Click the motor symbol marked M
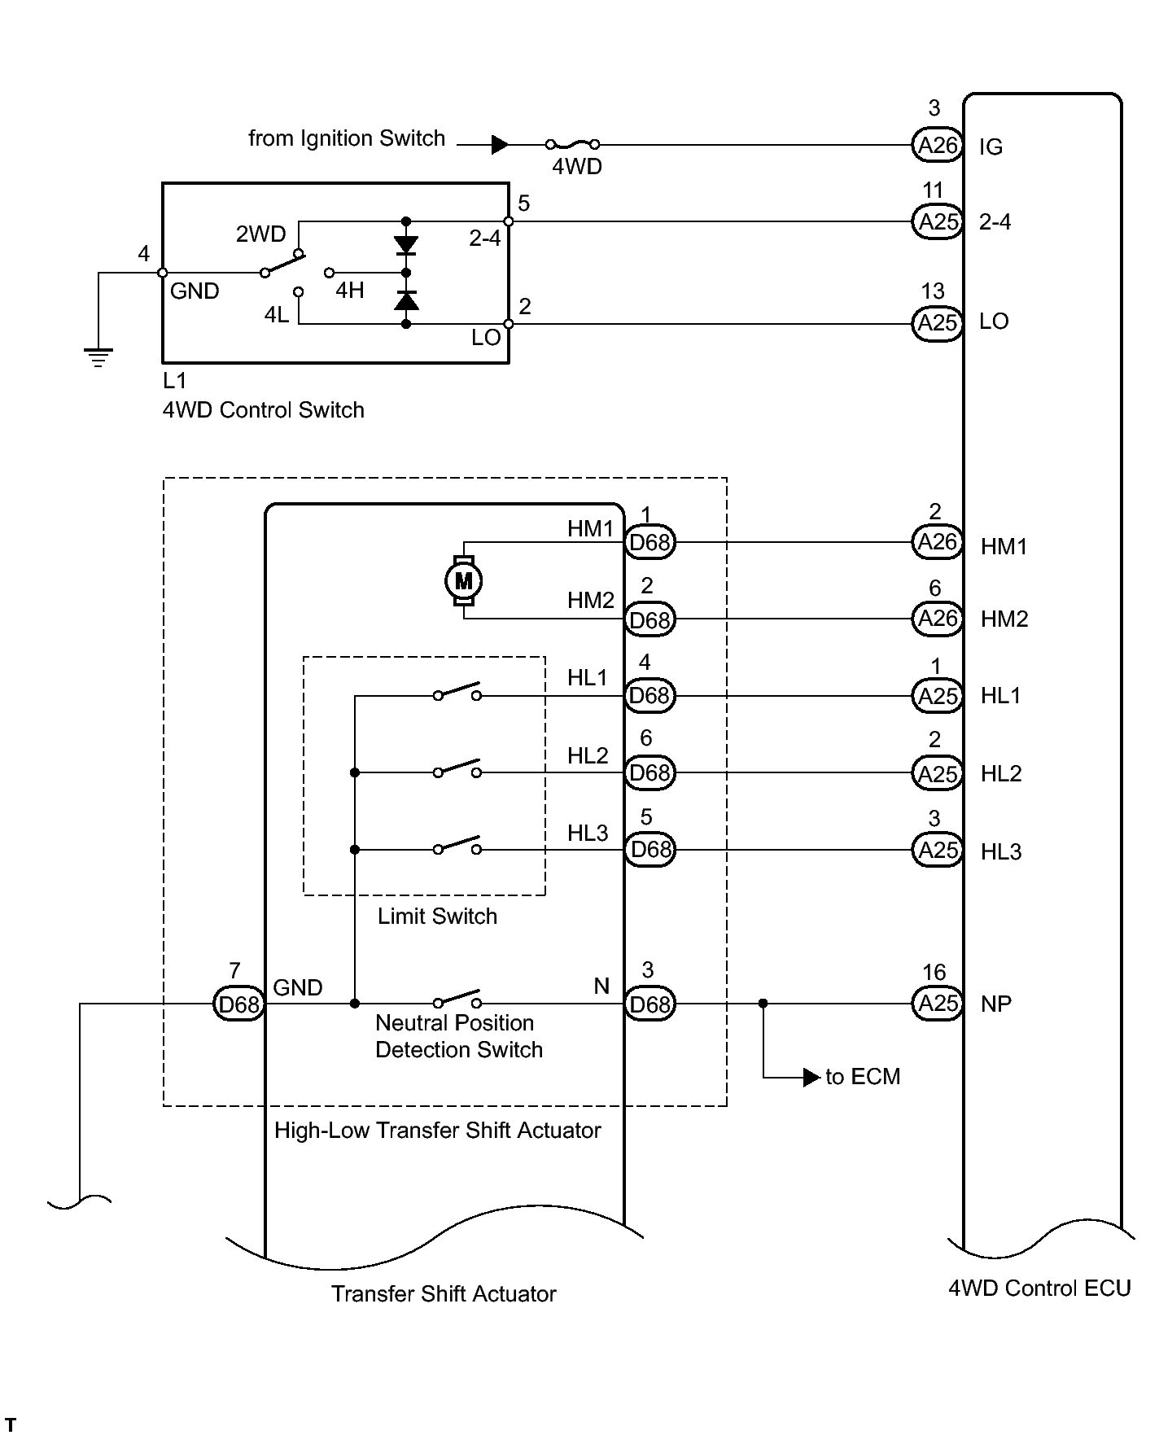coord(463,581)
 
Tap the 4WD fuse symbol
coord(573,145)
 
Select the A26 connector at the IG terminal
coord(938,145)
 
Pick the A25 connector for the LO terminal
coord(938,324)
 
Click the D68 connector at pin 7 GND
coord(238,1004)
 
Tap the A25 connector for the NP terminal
coord(938,1004)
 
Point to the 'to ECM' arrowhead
coord(811,1078)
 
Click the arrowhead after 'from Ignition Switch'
coord(501,145)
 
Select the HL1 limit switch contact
coord(457,692)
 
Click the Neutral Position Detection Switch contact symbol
coord(457,1000)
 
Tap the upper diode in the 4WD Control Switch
coord(406,245)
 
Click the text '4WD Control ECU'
coord(1039,1288)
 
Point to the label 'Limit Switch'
coord(437,917)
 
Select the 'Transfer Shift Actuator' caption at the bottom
coord(444,1294)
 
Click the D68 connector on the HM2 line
coord(649,620)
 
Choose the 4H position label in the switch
coord(350,290)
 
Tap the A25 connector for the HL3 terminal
coord(938,851)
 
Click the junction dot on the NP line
coord(763,1004)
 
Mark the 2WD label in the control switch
coord(260,234)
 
